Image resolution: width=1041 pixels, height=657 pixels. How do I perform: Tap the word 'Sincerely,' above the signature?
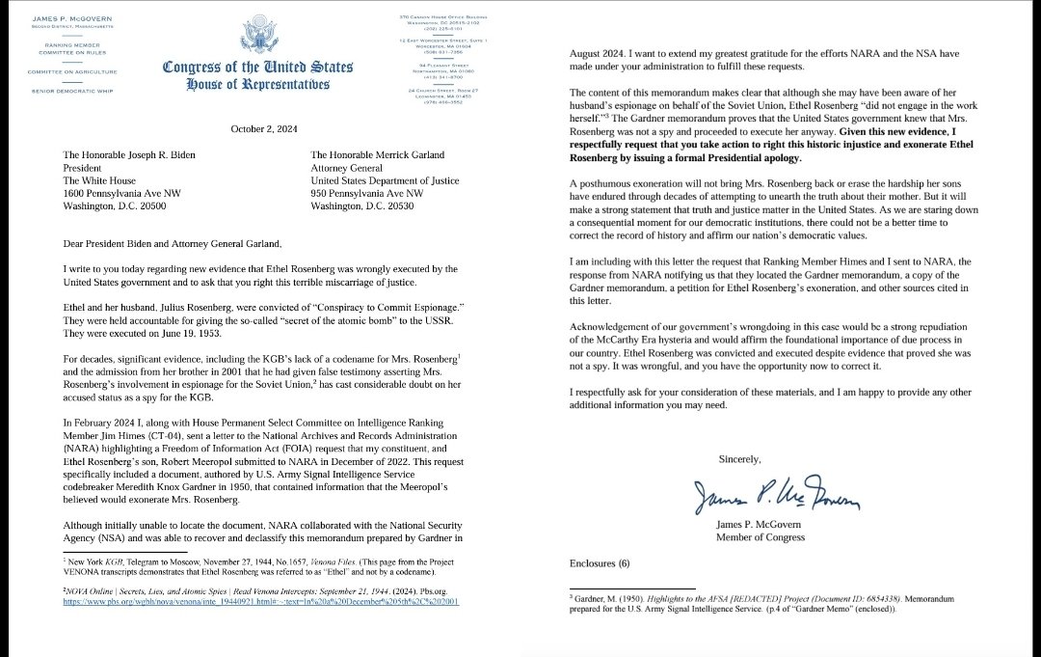pos(740,458)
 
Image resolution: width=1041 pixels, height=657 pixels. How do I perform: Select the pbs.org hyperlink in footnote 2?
pos(260,600)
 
